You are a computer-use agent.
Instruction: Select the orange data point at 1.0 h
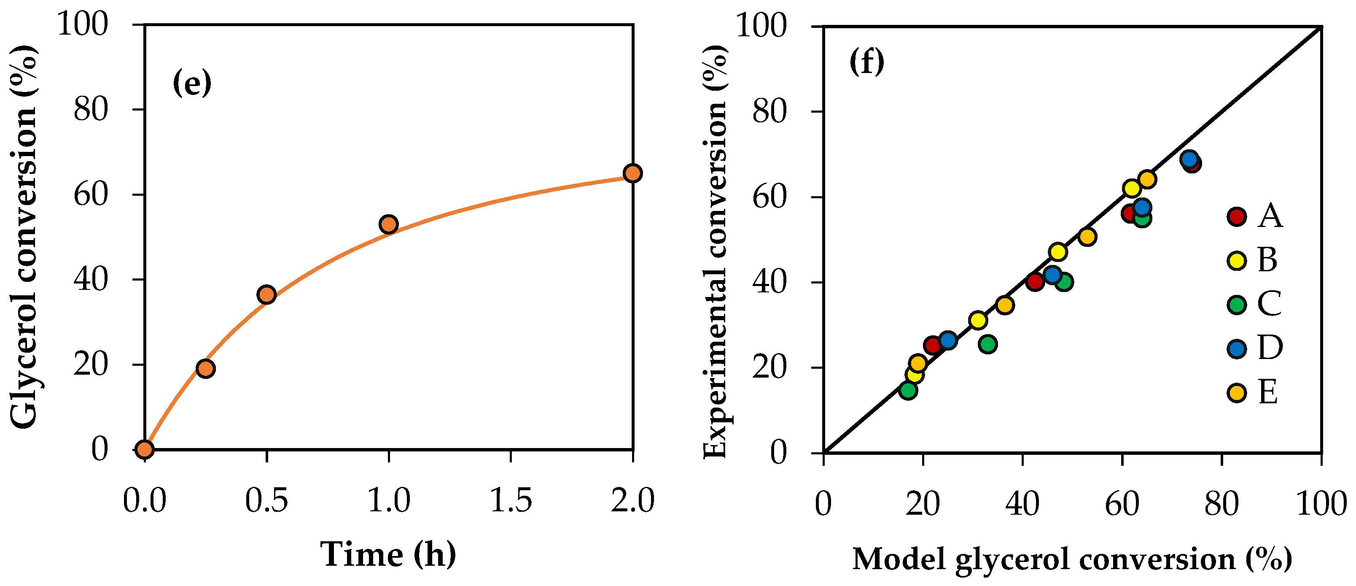pos(388,224)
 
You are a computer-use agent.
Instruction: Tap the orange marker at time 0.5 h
pos(267,294)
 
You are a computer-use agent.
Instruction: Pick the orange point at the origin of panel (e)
pos(145,449)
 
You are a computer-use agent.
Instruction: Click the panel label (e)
pos(191,83)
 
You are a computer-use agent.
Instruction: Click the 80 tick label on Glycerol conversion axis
pos(91,110)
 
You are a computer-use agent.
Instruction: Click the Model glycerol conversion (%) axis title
pos(1072,559)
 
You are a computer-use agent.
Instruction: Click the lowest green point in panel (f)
pos(908,390)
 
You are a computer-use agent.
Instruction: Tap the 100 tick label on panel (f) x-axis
pos(1321,505)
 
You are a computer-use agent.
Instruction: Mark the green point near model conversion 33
pos(988,344)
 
